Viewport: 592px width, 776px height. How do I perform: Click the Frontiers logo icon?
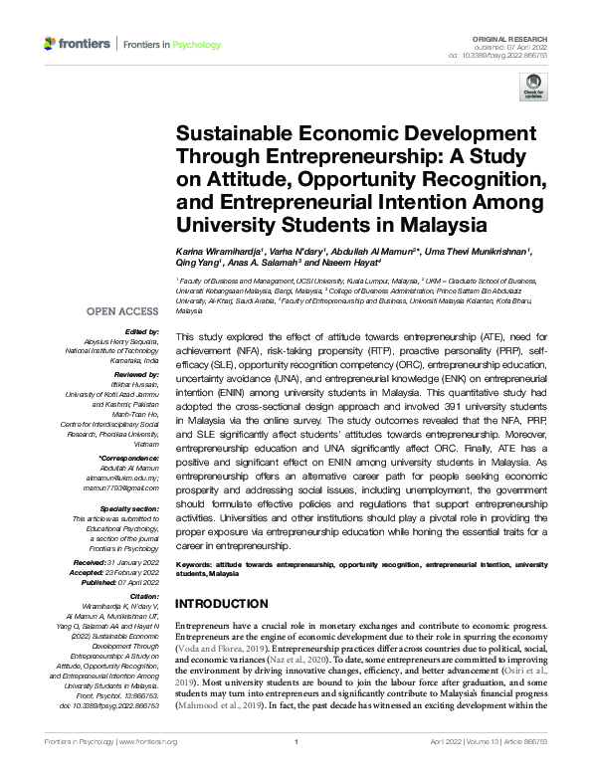(51, 44)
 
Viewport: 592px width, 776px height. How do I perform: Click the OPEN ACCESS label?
(124, 309)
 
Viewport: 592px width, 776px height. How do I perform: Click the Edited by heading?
(139, 331)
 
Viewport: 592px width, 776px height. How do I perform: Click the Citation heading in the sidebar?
(140, 595)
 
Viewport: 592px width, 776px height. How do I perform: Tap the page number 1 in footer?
(296, 768)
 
